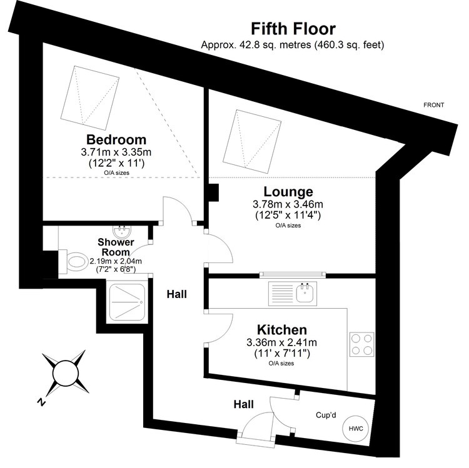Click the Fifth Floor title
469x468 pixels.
(293, 29)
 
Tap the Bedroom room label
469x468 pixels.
(116, 139)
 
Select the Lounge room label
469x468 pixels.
(288, 192)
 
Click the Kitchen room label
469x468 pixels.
(282, 330)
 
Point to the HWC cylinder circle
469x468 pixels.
(356, 428)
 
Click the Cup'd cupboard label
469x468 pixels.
(326, 415)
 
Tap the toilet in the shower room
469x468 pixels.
(74, 262)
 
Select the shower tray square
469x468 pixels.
(127, 302)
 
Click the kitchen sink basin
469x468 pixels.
(305, 292)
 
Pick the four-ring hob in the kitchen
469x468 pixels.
(361, 344)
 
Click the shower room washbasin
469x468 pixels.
(122, 231)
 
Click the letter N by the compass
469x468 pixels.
(41, 402)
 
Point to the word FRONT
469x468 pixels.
(433, 105)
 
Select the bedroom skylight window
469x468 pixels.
(89, 97)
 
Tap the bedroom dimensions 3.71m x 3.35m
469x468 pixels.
(116, 152)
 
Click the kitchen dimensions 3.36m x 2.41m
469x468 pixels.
(282, 342)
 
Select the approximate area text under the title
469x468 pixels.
(293, 45)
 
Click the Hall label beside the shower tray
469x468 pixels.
(177, 294)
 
